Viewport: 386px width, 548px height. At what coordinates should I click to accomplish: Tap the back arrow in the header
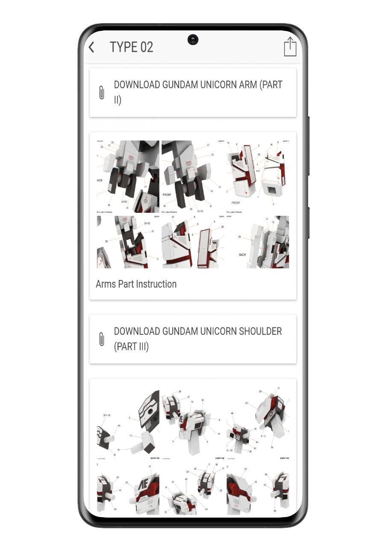(91, 47)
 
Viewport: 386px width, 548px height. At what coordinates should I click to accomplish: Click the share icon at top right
(290, 46)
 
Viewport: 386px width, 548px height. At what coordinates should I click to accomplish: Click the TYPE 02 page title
(131, 47)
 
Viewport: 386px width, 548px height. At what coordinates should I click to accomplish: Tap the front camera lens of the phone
(193, 40)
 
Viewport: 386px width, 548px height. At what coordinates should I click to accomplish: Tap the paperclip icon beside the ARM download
(101, 92)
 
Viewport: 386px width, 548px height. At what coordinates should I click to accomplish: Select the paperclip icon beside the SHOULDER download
(101, 339)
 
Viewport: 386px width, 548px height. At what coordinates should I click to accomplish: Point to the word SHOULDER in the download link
(257, 331)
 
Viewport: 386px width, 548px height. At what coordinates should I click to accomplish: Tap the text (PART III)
(131, 346)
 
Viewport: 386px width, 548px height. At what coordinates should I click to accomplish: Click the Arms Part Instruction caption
(136, 284)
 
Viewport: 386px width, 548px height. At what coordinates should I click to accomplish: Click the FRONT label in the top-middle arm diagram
(167, 194)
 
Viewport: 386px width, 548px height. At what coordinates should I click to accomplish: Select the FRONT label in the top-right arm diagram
(236, 203)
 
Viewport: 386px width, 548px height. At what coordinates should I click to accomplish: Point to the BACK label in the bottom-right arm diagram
(242, 255)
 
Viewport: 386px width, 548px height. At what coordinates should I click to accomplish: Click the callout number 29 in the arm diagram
(239, 237)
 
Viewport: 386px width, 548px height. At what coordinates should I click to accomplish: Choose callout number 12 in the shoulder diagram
(130, 436)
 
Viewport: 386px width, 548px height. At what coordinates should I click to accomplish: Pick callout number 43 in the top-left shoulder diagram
(119, 426)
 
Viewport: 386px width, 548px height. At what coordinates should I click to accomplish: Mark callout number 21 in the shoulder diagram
(245, 469)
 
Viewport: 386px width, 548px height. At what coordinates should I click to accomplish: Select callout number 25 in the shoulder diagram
(247, 403)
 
